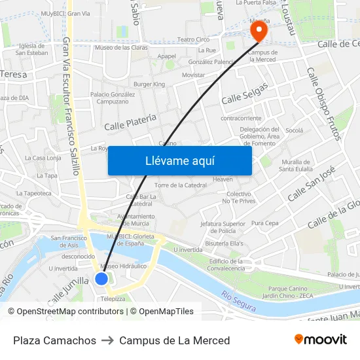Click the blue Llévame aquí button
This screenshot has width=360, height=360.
click(179, 160)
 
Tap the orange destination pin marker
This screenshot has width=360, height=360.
click(260, 30)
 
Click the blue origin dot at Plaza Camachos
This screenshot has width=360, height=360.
click(101, 279)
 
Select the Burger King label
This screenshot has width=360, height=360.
click(149, 84)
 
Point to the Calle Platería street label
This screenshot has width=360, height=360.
click(130, 121)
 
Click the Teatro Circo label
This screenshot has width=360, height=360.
click(193, 39)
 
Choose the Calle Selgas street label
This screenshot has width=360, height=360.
click(245, 94)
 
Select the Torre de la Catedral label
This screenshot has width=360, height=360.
click(181, 185)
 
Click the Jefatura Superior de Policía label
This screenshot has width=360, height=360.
click(223, 227)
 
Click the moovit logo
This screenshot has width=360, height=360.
click(321, 340)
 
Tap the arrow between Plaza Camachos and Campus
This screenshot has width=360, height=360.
click(107, 340)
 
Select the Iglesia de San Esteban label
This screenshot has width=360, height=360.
click(31, 49)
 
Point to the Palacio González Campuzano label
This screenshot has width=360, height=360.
click(113, 98)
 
